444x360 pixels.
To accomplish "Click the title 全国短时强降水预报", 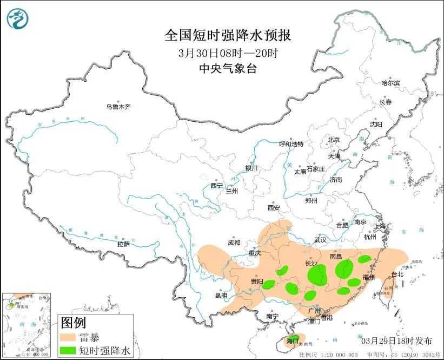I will [227, 36].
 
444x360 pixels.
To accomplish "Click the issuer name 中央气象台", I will [227, 69].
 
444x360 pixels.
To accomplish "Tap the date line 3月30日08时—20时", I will [227, 53].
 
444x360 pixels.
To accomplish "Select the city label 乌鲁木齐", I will [118, 107].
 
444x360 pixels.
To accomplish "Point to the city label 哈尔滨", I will [390, 83].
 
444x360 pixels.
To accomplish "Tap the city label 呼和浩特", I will [291, 144].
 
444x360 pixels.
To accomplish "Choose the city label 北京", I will [333, 140].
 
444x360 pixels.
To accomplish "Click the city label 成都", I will [234, 243].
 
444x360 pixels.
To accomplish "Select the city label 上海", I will [381, 226].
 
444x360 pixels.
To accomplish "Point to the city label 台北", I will [397, 274].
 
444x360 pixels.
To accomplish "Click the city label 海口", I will [293, 341].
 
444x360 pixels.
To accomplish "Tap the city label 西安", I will [274, 207].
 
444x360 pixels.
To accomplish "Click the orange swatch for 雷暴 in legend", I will [68, 337].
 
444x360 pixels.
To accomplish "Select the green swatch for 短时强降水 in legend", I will [68, 350].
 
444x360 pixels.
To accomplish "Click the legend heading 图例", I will [74, 323].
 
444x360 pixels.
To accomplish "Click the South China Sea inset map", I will [26, 324].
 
